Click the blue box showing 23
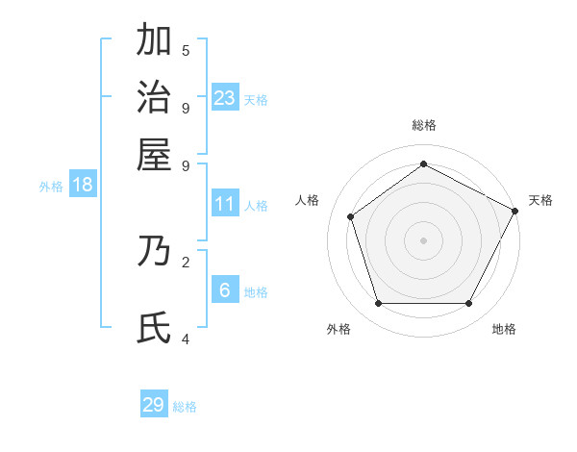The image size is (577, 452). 225,97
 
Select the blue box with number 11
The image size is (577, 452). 225,204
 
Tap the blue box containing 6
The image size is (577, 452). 225,290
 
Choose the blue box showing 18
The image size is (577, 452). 83,185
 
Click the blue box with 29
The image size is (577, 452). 154,405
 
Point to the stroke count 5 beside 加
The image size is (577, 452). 186,51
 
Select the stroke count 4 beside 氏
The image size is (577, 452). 186,338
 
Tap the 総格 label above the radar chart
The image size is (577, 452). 424,125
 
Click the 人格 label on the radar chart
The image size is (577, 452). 308,200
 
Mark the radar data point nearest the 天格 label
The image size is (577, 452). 515,211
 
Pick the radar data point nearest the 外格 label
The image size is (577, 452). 378,304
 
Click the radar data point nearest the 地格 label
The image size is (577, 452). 469,304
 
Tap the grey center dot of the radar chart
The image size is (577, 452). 424,240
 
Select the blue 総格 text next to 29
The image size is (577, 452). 186,407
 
